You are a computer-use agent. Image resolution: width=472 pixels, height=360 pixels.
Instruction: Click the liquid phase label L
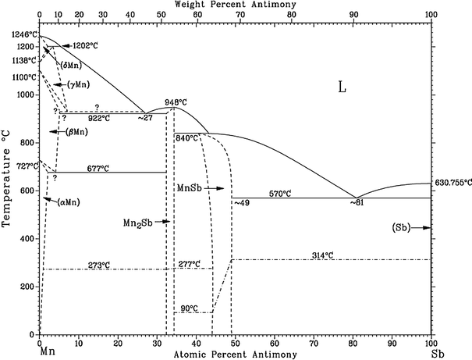point(341,88)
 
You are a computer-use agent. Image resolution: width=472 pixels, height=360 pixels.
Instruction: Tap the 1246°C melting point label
point(18,34)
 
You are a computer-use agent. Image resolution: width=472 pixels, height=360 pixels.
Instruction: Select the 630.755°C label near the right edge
point(451,183)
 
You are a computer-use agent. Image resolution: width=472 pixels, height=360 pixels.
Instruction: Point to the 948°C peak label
point(175,102)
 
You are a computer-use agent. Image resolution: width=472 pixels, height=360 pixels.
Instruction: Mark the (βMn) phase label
point(75,132)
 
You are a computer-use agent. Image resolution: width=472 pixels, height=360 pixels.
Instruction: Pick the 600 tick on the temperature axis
point(25,191)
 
